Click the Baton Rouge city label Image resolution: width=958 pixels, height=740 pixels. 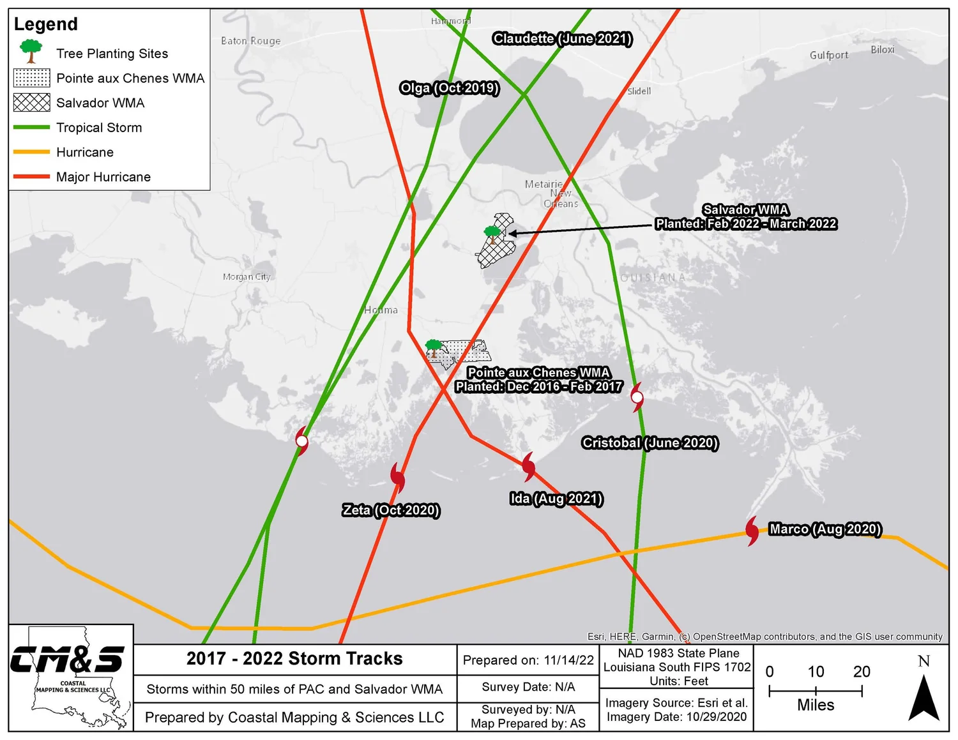(x=250, y=41)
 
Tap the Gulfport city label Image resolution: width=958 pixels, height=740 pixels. (x=828, y=55)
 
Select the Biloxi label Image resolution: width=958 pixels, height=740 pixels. (x=882, y=50)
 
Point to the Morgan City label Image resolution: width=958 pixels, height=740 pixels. (x=247, y=276)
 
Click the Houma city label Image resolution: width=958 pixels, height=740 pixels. (x=381, y=310)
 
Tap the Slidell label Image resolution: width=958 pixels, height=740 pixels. (x=639, y=91)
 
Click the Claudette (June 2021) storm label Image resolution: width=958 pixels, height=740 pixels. (x=562, y=39)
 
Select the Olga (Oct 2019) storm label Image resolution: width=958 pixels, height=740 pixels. (x=449, y=88)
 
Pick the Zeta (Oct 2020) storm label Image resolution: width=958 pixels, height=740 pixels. (x=391, y=510)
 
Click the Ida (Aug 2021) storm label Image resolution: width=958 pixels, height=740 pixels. (x=556, y=499)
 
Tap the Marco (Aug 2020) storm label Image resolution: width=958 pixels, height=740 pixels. (x=825, y=529)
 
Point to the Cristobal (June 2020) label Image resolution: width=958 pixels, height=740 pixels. (x=650, y=442)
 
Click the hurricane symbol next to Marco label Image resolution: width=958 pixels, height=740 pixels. (x=752, y=531)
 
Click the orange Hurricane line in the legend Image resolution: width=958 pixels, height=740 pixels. (x=31, y=152)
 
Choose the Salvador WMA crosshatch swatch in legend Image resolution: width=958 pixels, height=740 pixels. (x=31, y=103)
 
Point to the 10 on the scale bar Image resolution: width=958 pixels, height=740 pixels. (x=816, y=672)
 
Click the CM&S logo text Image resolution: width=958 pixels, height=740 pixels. (x=67, y=660)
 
